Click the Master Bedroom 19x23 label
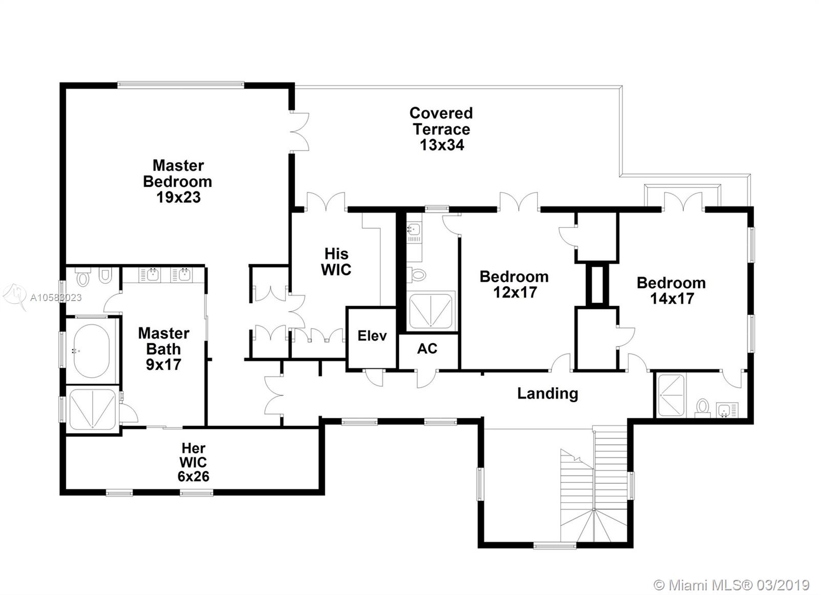178,181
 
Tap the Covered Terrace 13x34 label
441,129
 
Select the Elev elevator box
372,336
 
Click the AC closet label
427,349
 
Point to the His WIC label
336,262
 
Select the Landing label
547,393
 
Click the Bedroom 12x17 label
514,284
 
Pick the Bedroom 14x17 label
671,290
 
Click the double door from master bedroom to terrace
300,131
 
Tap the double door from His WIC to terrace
326,201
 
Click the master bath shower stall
92,409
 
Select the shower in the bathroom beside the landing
671,395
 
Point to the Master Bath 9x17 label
164,349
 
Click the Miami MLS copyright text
732,584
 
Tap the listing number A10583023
55,297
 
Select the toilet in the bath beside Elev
418,274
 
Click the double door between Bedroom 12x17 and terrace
519,202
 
